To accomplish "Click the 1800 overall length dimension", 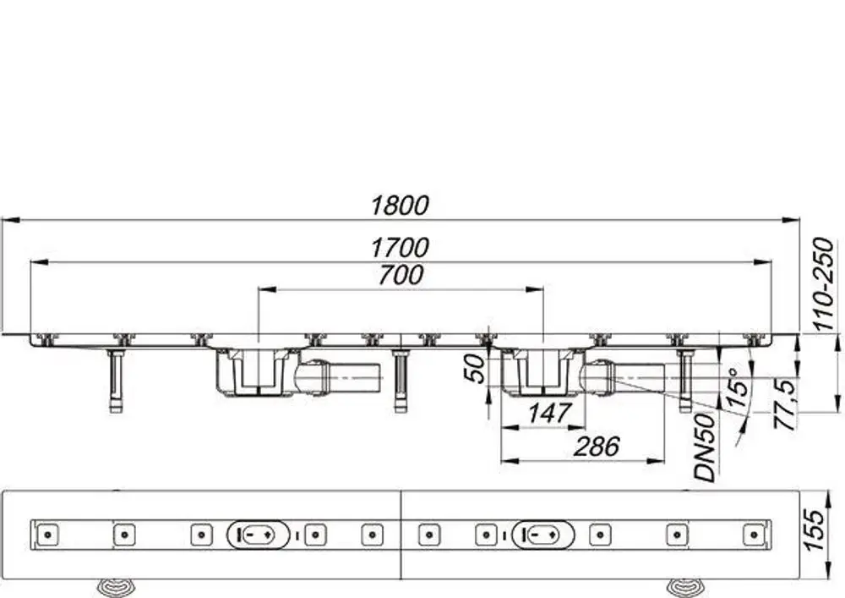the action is click(400, 206).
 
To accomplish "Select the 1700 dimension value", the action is click(400, 248).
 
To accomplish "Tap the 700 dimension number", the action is click(401, 275).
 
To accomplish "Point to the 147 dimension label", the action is click(549, 413).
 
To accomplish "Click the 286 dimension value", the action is click(597, 447).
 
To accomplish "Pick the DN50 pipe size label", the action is click(706, 447).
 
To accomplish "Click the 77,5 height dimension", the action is click(785, 404).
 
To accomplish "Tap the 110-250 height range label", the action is click(823, 284).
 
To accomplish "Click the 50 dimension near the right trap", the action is click(475, 370).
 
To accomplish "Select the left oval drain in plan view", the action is click(258, 535).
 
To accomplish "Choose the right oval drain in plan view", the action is click(542, 535).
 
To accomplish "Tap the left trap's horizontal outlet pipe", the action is click(340, 378).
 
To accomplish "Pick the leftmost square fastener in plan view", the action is click(47, 535).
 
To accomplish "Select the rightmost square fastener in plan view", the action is click(754, 535).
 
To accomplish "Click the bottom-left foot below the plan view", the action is click(114, 587).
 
